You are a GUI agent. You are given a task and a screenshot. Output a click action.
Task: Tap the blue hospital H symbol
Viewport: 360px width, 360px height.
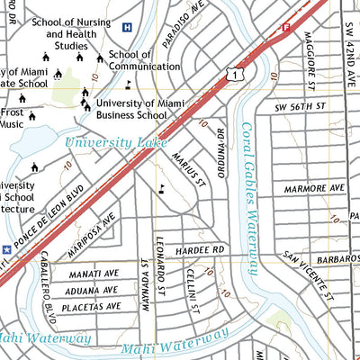click(127, 27)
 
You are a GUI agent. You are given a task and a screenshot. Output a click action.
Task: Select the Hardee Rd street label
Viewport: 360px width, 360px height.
click(200, 248)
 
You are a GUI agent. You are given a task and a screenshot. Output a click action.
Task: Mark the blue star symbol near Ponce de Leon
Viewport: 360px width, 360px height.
click(7, 247)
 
